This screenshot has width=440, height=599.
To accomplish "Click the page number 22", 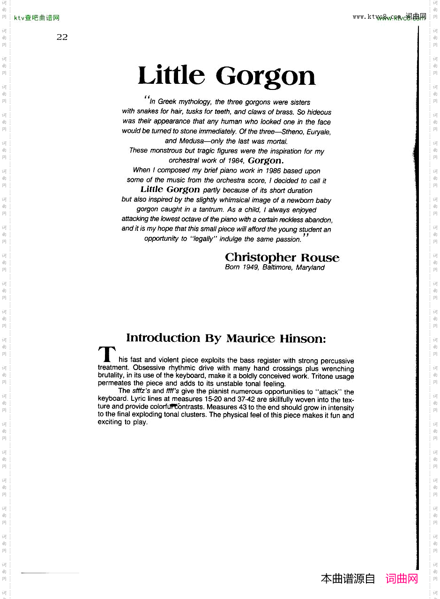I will pos(62,37).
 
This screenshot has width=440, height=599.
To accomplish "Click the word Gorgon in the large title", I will pos(265,76).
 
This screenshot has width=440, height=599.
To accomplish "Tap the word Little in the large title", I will pos(172,75).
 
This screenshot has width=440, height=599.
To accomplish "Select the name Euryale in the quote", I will pos(319,132).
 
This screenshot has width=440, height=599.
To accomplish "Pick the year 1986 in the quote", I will pos(273,170).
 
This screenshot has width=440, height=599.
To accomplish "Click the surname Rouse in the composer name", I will pos(320,258).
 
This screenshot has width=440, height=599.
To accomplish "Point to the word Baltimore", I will pos(278,267).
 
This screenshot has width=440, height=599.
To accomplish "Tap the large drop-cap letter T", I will pos(107,355).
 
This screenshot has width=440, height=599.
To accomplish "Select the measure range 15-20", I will pos(213,399).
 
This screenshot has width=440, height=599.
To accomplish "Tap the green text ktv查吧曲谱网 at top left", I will pos(37,18).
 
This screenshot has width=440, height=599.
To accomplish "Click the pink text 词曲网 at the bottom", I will pos(402,579).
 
